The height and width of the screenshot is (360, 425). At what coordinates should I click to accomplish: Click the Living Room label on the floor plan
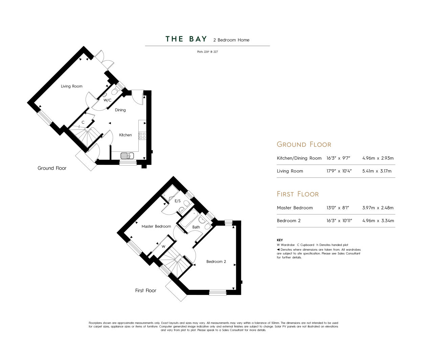[x=71, y=86]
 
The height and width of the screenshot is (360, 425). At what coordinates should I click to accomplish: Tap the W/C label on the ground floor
[x=107, y=100]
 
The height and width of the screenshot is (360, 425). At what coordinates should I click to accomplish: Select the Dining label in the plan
[x=120, y=110]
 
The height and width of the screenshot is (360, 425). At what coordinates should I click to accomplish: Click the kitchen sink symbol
[x=127, y=155]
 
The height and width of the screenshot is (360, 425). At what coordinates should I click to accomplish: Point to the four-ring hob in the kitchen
[x=142, y=136]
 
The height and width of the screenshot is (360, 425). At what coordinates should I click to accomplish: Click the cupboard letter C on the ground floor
[x=83, y=122]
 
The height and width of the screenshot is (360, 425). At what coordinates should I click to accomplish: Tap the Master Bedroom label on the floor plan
[x=156, y=227]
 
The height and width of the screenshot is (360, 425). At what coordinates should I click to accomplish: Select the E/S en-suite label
[x=178, y=201]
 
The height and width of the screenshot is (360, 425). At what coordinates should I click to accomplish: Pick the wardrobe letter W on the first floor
[x=163, y=247]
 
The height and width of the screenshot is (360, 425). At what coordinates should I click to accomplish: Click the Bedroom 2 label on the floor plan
[x=216, y=261]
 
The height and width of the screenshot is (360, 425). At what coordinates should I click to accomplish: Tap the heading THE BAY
[x=186, y=39]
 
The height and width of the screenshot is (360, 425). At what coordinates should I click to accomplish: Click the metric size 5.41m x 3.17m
[x=377, y=171]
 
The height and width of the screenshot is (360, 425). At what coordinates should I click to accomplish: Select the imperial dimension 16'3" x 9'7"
[x=338, y=158]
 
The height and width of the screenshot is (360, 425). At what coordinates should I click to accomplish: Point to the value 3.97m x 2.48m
[x=378, y=208]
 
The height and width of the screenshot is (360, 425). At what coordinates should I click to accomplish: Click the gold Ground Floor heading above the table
[x=304, y=144]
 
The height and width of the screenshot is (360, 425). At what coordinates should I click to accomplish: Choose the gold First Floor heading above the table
[x=298, y=194]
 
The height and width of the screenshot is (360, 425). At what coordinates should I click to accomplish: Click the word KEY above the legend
[x=280, y=240]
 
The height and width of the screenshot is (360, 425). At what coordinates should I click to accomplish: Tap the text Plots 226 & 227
[x=207, y=52]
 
